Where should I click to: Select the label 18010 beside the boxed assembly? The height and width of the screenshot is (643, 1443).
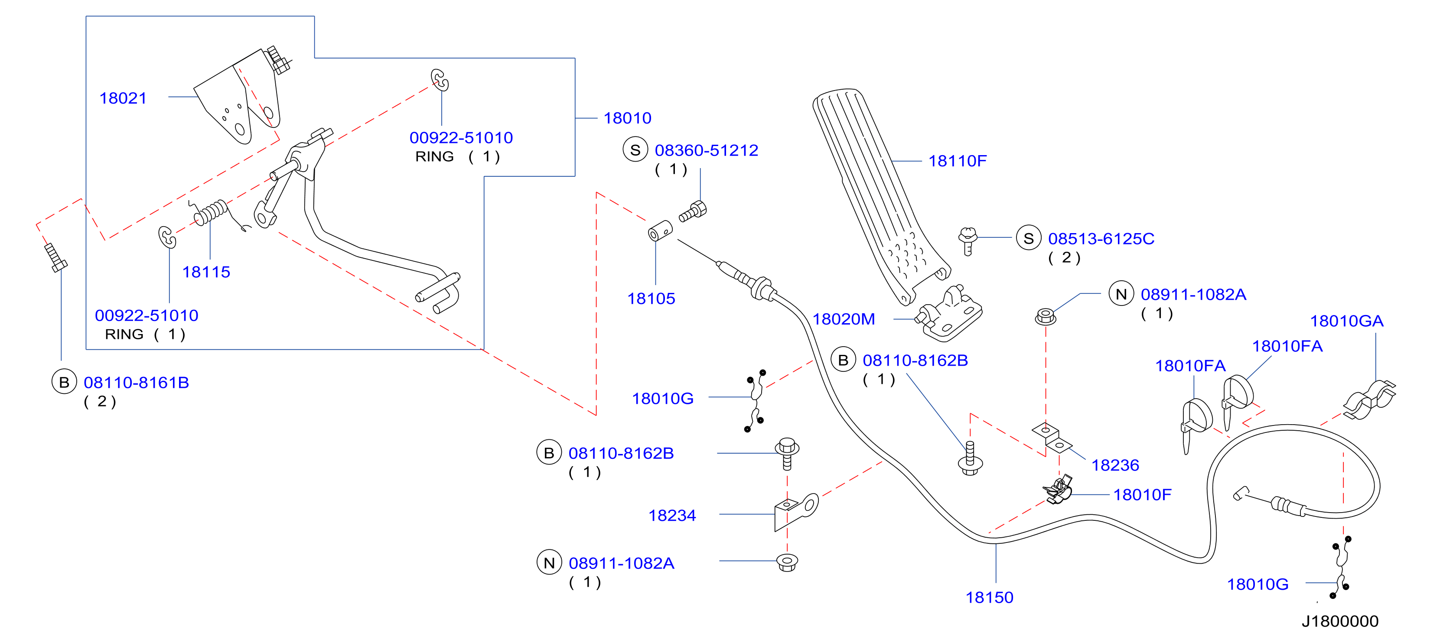click(x=627, y=118)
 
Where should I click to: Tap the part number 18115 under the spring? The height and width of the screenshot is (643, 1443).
click(x=206, y=272)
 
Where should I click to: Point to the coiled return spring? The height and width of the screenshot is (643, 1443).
click(x=213, y=213)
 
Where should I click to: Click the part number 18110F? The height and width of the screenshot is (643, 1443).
click(x=958, y=161)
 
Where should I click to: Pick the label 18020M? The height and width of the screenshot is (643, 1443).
click(x=844, y=319)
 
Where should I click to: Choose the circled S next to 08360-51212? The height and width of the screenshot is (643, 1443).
click(x=635, y=150)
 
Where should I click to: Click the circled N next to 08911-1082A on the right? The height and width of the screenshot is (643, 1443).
click(x=1121, y=295)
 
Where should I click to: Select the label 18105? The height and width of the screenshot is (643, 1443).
click(x=651, y=299)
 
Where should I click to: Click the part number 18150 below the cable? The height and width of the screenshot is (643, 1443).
click(x=989, y=598)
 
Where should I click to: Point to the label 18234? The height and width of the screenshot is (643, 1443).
click(x=672, y=515)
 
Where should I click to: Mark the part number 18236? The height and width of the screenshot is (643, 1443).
click(x=1115, y=465)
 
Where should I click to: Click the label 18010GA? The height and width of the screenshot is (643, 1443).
click(x=1347, y=321)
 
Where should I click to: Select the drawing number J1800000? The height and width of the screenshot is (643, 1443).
click(x=1340, y=621)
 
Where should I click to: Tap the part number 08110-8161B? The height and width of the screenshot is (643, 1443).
click(x=136, y=383)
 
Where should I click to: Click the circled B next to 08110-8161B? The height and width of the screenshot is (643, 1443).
click(x=64, y=382)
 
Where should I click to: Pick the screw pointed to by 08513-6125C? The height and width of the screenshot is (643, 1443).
click(x=967, y=240)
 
